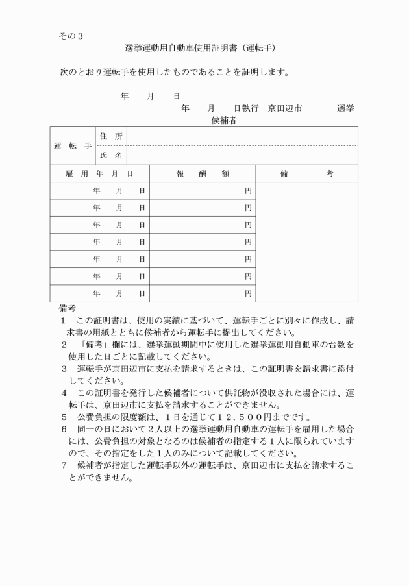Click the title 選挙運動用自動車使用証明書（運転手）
pyautogui.click(x=201, y=48)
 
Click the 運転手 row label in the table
pyautogui.click(x=71, y=146)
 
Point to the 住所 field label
pyautogui.click(x=110, y=136)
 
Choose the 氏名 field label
pyautogui.click(x=110, y=156)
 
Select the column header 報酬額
pyautogui.click(x=202, y=174)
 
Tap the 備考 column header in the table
pyautogui.click(x=306, y=174)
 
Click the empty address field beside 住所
pyautogui.click(x=242, y=136)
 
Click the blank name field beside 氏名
pyautogui.click(x=242, y=156)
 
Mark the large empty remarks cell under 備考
pyautogui.click(x=306, y=242)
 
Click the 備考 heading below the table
pyautogui.click(x=67, y=308)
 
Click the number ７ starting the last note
pyautogui.click(x=64, y=466)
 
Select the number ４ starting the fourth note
pyautogui.click(x=64, y=393)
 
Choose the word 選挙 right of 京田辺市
pyautogui.click(x=345, y=108)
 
